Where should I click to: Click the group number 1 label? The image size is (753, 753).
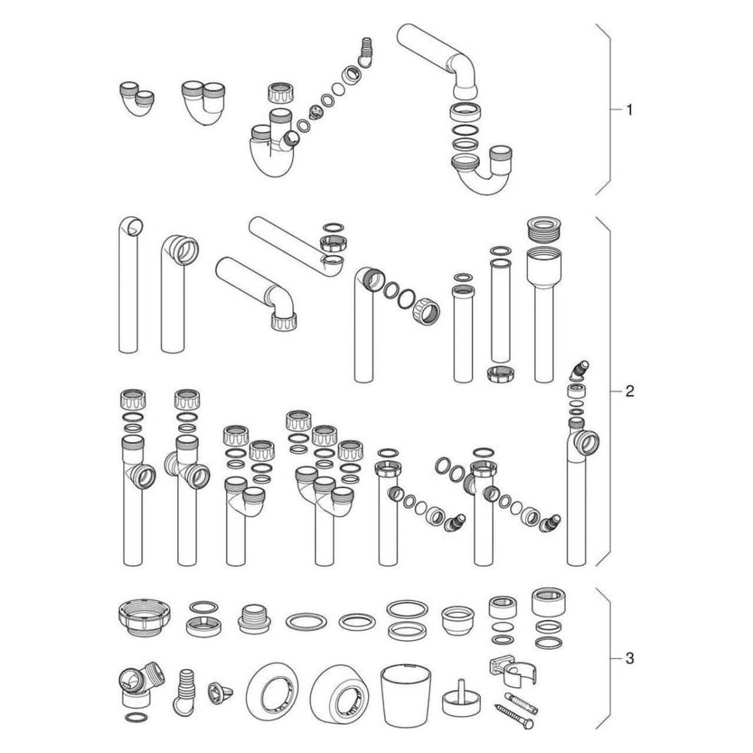pyautogui.click(x=629, y=110)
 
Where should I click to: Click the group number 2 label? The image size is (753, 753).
pyautogui.click(x=629, y=391)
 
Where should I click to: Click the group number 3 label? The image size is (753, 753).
pyautogui.click(x=629, y=659)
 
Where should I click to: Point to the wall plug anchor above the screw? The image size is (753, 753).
pyautogui.click(x=521, y=692)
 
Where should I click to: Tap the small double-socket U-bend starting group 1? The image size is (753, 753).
pyautogui.click(x=136, y=99)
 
